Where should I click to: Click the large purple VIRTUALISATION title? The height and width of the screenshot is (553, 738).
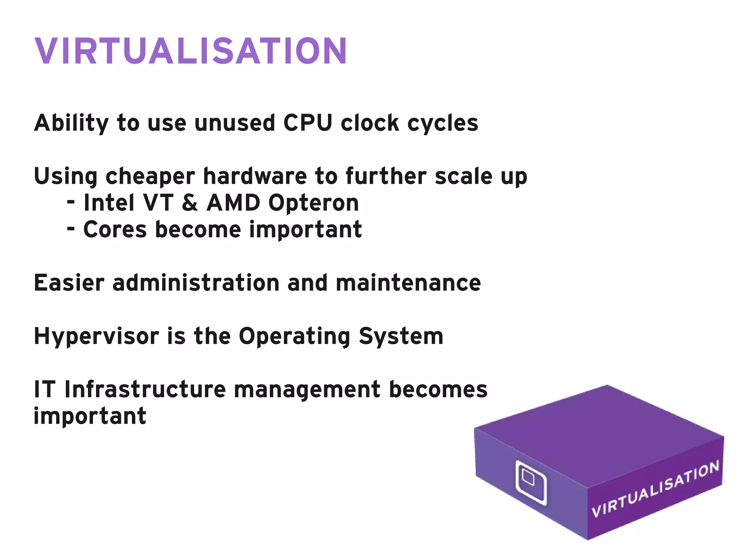coord(190,51)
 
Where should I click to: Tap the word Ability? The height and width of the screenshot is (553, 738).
coord(71,123)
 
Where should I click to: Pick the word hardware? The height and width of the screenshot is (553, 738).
coord(255,177)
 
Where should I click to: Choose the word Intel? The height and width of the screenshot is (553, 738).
coord(109,203)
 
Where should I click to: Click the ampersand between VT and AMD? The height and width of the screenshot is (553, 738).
coord(190,203)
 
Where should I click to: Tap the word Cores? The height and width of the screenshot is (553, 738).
coord(115,229)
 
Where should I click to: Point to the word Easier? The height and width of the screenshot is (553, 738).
coord(69,283)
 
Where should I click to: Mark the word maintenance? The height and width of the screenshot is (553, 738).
coord(408,283)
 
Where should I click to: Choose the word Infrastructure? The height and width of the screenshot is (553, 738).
coord(145,390)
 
